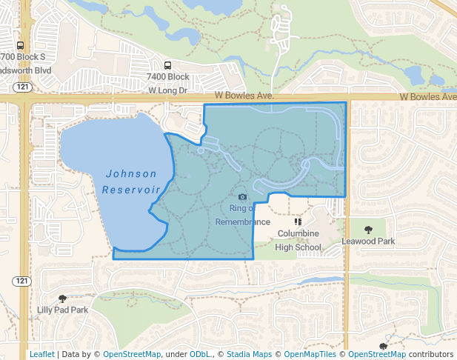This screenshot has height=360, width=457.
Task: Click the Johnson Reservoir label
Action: click(x=132, y=181)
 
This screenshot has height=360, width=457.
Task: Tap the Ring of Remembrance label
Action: click(x=243, y=215)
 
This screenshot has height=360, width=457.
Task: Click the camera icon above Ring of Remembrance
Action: click(x=243, y=197)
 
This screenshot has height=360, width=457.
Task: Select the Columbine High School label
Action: click(x=298, y=240)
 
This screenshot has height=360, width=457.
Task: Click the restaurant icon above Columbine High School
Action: click(x=298, y=221)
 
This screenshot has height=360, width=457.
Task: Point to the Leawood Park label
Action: click(x=368, y=241)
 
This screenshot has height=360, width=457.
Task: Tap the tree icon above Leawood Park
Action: click(x=368, y=229)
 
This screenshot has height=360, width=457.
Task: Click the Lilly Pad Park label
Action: click(x=62, y=310)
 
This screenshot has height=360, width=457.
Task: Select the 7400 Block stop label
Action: click(x=168, y=77)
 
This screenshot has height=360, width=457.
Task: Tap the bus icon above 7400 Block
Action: click(x=168, y=64)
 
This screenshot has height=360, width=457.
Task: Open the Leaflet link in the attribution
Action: click(x=41, y=355)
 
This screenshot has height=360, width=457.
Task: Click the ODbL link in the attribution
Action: click(x=201, y=355)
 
